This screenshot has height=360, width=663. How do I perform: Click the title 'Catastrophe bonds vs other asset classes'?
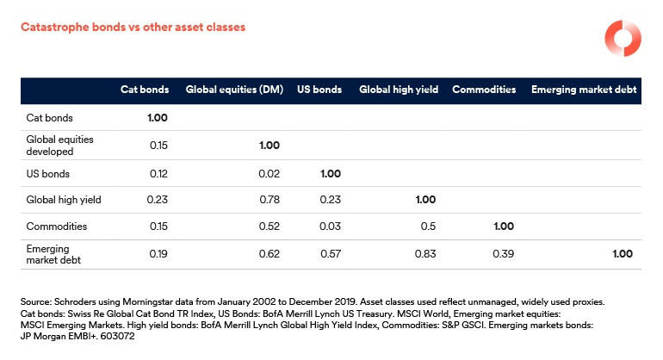point(133,28)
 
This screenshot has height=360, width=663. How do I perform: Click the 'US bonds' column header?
point(319,90)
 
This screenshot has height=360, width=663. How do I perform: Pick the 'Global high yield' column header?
point(397,90)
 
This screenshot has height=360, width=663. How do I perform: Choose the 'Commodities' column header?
point(484,90)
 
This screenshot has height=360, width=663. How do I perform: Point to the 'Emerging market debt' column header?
point(583,90)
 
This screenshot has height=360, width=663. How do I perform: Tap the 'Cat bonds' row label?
point(48,117)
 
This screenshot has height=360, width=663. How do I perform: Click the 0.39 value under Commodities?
point(505,254)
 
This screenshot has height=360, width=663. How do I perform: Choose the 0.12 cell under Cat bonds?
point(158,172)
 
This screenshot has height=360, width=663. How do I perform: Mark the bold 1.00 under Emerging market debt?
point(623,254)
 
